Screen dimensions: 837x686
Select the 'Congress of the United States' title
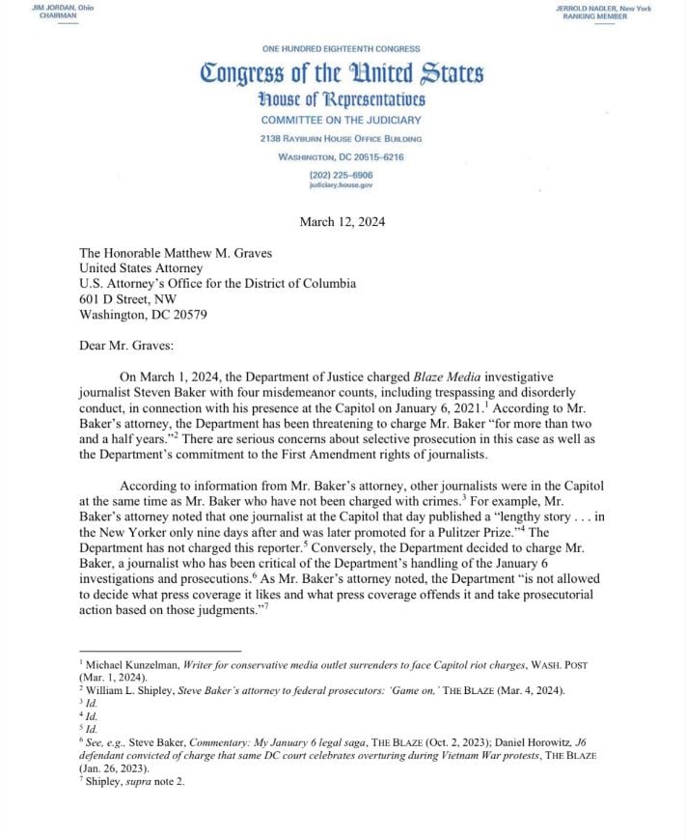pos(342,73)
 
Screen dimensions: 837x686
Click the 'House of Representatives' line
pos(342,100)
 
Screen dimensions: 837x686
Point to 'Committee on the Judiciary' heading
pos(342,120)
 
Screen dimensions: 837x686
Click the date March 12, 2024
pos(342,221)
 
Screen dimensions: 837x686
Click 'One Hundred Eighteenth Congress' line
pos(342,48)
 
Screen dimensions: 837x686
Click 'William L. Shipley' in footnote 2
pos(125,690)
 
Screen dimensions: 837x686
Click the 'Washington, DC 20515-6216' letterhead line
pos(342,156)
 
